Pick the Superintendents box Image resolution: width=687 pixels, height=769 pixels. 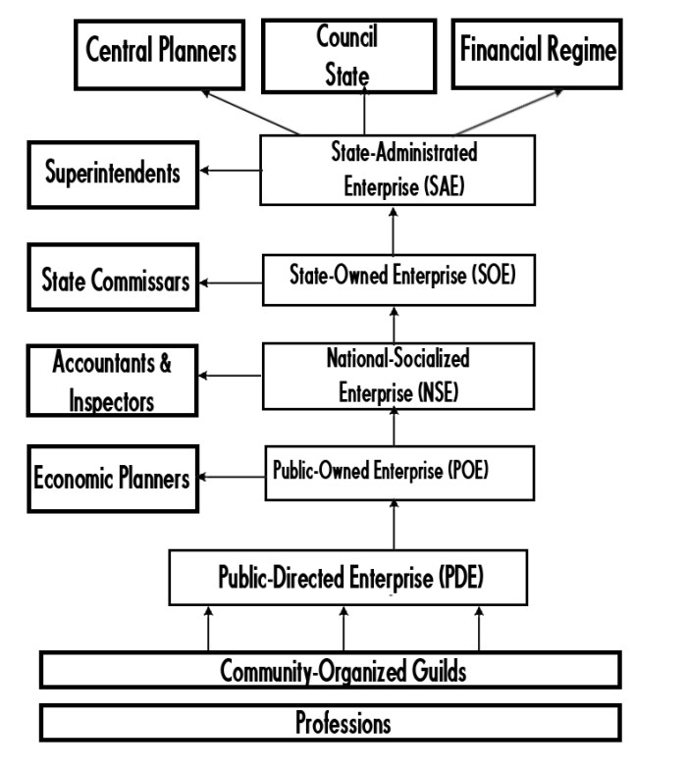(x=113, y=175)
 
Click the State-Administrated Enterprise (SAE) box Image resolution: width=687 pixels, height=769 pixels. (x=397, y=171)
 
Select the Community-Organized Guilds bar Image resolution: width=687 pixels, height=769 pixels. (x=330, y=671)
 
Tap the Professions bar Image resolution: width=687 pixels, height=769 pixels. (x=330, y=723)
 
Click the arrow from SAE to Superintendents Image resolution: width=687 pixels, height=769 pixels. (x=230, y=172)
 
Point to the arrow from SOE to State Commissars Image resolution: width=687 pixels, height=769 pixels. (x=230, y=282)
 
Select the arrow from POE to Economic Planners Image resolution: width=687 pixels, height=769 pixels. (x=230, y=479)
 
